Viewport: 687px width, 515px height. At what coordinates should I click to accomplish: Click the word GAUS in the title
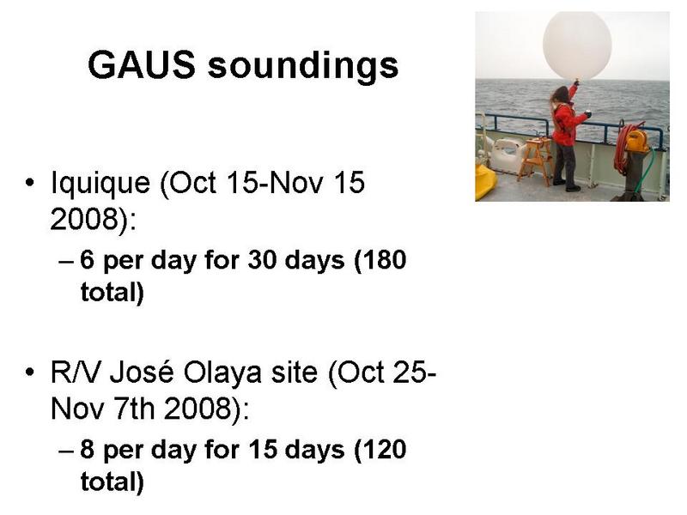tap(141, 65)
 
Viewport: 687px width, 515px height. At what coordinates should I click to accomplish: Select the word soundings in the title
tap(303, 67)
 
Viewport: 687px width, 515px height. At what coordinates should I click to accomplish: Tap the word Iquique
tap(100, 184)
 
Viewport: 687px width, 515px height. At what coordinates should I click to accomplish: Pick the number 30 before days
tap(263, 260)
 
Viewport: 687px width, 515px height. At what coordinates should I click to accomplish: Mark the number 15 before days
tap(263, 450)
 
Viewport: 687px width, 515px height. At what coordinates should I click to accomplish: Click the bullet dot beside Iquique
tap(29, 183)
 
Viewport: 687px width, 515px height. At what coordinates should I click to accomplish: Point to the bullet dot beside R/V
tap(29, 373)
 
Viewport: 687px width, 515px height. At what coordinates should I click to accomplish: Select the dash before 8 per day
tap(66, 451)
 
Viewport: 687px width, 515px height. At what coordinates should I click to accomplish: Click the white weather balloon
tap(577, 45)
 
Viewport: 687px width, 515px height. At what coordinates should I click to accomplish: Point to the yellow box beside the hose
tap(636, 141)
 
